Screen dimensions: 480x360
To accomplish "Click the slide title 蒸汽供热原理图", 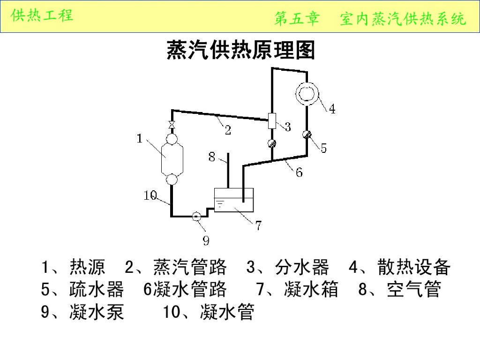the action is point(240,50).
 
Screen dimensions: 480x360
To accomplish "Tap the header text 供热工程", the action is point(42,15).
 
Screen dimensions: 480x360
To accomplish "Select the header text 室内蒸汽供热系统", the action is point(403,19).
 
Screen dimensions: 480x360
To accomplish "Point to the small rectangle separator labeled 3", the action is point(272,121).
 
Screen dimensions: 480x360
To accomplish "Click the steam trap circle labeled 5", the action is point(307,135).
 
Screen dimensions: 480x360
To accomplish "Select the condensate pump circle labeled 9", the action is point(197,216).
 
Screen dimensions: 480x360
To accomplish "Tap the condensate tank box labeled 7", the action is point(233,200).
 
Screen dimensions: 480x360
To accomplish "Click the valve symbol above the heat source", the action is point(172,125).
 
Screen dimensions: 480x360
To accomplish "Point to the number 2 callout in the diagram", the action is point(228,130).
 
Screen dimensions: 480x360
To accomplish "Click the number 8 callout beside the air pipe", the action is point(212,157).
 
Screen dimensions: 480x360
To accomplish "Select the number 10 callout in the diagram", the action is point(150,195).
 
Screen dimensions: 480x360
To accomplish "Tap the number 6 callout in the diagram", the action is point(299,172).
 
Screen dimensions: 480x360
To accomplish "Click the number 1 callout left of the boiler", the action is point(140,138).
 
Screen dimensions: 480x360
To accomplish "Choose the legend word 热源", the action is point(87,267).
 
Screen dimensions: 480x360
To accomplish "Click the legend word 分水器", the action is point(302,267).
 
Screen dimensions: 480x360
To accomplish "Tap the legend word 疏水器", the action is point(97,289).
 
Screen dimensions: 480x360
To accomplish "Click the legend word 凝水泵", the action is point(97,311).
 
